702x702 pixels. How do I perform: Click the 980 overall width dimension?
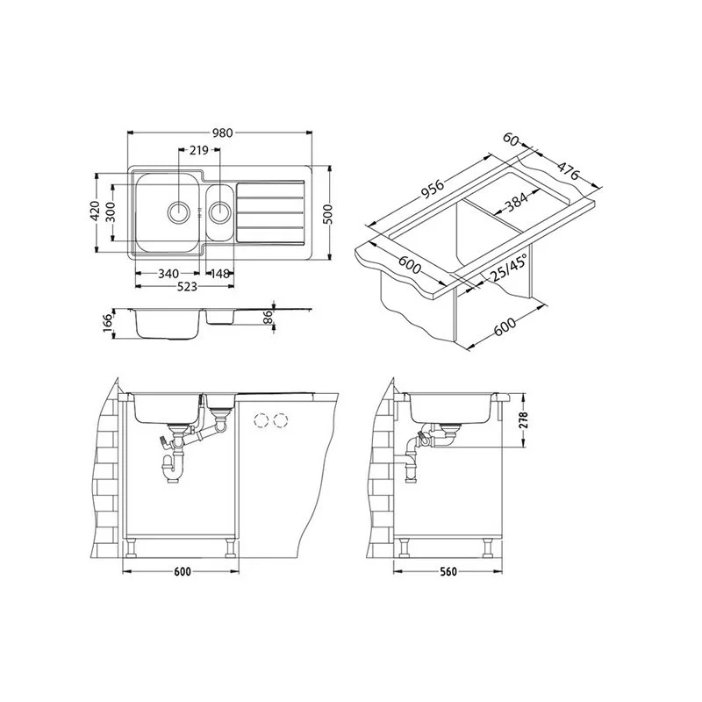[223, 133]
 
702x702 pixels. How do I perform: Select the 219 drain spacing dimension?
[199, 150]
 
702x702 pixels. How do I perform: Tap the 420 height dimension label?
[95, 211]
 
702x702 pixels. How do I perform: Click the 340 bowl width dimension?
[168, 274]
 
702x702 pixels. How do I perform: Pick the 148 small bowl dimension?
[220, 274]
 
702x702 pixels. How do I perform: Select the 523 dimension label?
[187, 287]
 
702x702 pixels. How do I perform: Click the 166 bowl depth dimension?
[107, 323]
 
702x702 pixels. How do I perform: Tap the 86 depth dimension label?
[268, 318]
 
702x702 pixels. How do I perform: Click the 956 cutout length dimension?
[432, 189]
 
